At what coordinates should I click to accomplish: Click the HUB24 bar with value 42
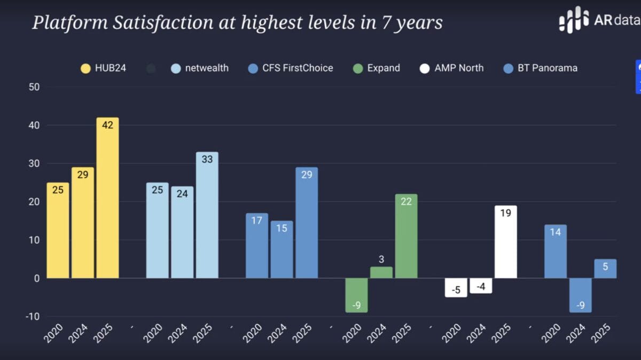point(107,198)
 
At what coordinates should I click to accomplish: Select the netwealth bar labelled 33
point(207,215)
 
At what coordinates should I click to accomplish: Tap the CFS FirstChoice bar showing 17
point(256,246)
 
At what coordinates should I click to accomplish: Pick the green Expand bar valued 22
point(406,236)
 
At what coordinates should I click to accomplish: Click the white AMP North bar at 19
point(505,242)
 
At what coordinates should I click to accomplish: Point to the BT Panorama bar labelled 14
point(555,251)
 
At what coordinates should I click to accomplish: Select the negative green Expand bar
point(356,295)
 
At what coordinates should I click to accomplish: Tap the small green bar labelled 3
point(381,272)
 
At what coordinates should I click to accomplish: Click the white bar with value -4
point(481,286)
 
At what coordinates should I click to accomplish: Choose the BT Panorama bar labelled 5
point(605,269)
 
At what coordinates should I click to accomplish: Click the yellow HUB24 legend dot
point(85,68)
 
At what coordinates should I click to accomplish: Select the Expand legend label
point(384,68)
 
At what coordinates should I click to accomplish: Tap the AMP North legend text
point(459,68)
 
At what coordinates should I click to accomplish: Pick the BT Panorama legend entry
point(547,68)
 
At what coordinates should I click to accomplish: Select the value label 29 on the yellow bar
point(83,175)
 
